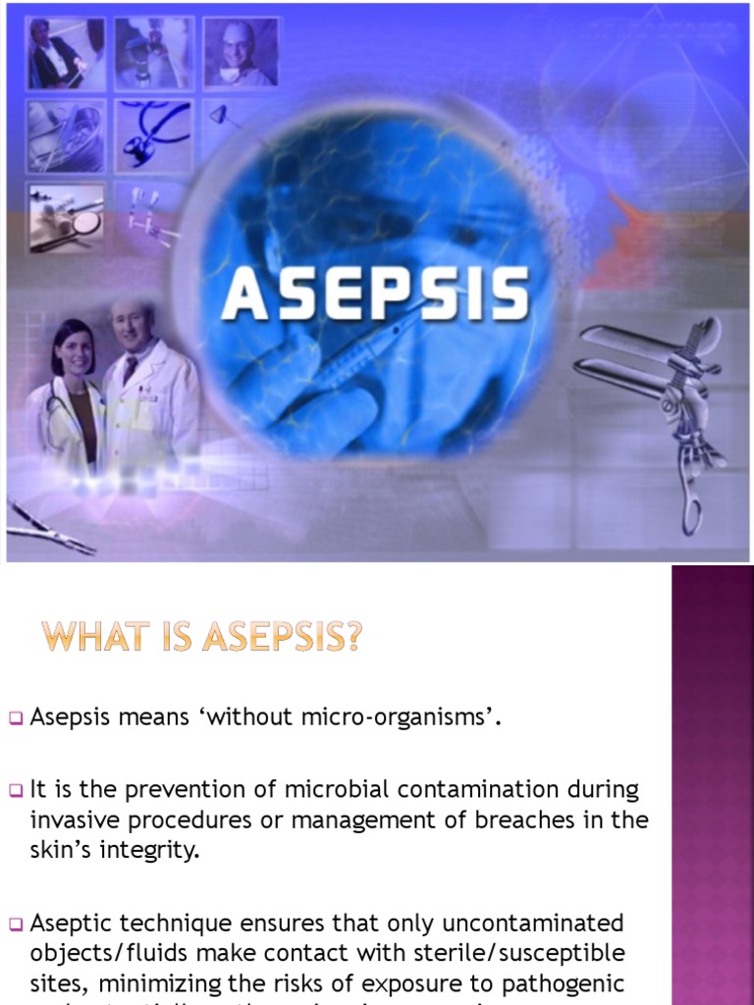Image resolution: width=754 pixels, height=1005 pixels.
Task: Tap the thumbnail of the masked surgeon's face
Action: [241, 52]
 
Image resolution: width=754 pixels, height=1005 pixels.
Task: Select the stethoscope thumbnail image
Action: [152, 134]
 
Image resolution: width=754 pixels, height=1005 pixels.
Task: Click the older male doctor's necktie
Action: [130, 370]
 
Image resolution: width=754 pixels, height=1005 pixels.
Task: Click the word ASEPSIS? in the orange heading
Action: [282, 639]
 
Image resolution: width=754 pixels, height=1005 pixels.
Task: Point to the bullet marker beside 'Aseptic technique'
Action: [16, 925]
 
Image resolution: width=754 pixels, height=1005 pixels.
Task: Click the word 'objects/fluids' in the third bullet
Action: [102, 953]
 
